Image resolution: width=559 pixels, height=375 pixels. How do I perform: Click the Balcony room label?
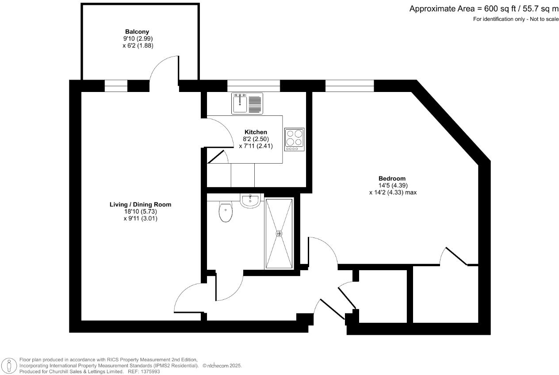pos(137,32)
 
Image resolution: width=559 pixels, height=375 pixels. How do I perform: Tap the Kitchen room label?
pos(256,132)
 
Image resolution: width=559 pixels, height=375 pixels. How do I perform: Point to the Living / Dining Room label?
pos(140,205)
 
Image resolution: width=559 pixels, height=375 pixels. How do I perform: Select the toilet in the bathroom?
pos(226,212)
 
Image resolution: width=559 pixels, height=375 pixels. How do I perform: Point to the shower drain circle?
pos(279,233)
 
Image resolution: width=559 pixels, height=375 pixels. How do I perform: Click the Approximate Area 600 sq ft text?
pos(484,9)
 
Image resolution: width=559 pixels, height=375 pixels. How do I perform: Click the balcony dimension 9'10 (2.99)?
pos(138,38)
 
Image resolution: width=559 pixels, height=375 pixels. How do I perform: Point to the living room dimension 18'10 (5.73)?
pos(140,211)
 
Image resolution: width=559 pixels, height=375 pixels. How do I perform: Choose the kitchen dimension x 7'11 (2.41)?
pos(256,145)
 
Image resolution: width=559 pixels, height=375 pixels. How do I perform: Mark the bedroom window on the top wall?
pos(349,85)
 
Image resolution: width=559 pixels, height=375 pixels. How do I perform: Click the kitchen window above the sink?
pos(253,85)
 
